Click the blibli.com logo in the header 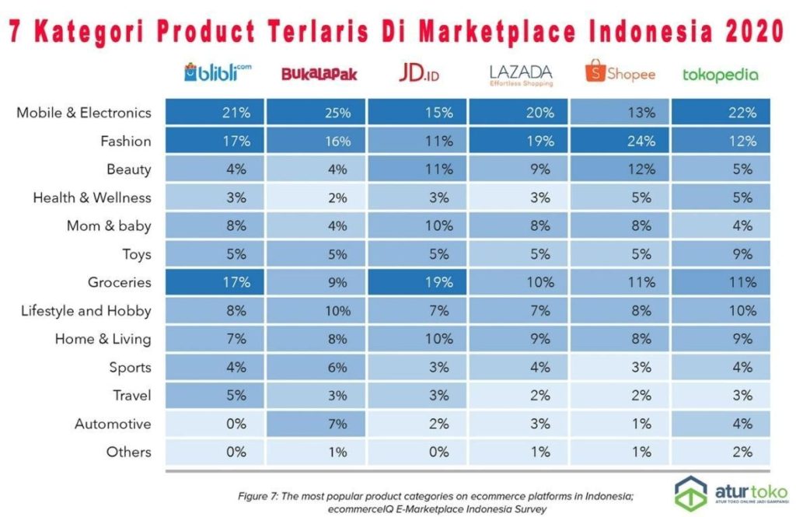coord(217,72)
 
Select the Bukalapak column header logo coord(319,75)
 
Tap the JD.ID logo coord(419,73)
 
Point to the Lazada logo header coord(521,74)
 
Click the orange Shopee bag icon coord(595,72)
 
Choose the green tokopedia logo coord(720,75)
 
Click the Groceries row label coord(120,283)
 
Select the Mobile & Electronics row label coord(84,113)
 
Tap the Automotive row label coord(113,424)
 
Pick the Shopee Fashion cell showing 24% coord(620,141)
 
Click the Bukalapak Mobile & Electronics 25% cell coord(338,113)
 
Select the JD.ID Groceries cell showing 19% coord(439,283)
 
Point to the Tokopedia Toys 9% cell coord(743,254)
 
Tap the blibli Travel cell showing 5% coord(236,396)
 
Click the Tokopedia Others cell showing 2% coord(743,452)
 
